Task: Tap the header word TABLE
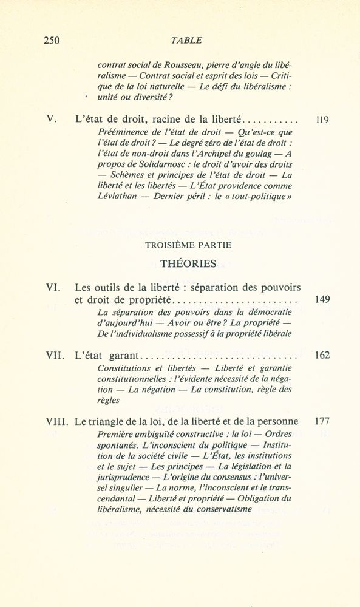coord(187,41)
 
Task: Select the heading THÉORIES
coord(188,263)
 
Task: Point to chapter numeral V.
coord(52,120)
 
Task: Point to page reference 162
coord(322,355)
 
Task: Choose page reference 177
coord(322,421)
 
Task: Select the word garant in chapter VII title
coord(123,356)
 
